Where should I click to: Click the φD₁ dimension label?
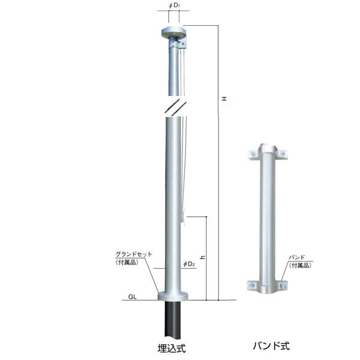(174, 5)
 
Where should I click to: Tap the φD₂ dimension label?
(189, 264)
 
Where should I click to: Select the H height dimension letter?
(224, 99)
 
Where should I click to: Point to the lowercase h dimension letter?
(203, 257)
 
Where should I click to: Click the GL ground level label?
(132, 296)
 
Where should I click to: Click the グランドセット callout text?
(134, 254)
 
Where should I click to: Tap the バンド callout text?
(296, 257)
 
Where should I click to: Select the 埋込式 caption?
(172, 348)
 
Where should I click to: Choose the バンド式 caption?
(271, 346)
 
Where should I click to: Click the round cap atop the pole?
(174, 32)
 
